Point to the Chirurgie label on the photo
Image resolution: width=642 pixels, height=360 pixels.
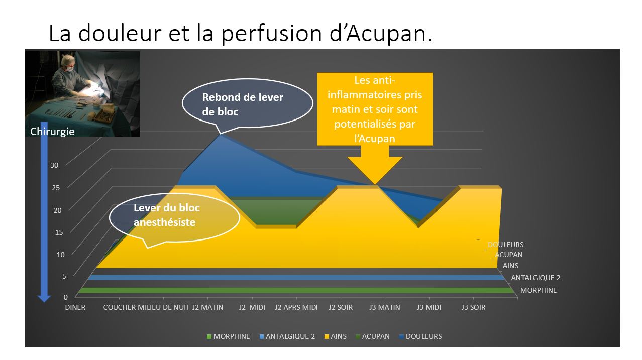pos(52,132)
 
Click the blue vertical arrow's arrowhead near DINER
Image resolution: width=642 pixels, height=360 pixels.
pos(44,298)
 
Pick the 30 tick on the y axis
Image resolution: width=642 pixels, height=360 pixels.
pos(54,165)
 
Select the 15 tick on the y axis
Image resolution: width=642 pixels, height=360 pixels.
pos(59,232)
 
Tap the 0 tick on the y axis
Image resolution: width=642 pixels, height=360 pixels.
pos(66,297)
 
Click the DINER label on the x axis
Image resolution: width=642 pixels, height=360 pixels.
pos(75,307)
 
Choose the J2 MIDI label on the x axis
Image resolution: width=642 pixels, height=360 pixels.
pos(252,307)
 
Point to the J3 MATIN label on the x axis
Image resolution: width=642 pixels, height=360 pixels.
pos(385,307)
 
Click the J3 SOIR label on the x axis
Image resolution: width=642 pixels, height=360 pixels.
pos(474,307)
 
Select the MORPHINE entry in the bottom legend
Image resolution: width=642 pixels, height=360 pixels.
pos(229,336)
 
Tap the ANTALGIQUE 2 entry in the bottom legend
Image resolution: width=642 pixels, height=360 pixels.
pos(287,336)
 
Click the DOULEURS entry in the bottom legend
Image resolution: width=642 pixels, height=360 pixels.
pos(420,336)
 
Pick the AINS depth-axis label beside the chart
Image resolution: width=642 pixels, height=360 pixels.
pos(510,266)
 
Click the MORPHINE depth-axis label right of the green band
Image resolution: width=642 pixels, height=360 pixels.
pos(539,290)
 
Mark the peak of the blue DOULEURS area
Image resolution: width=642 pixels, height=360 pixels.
pos(220,135)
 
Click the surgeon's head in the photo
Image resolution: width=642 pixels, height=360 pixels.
pos(69,63)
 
